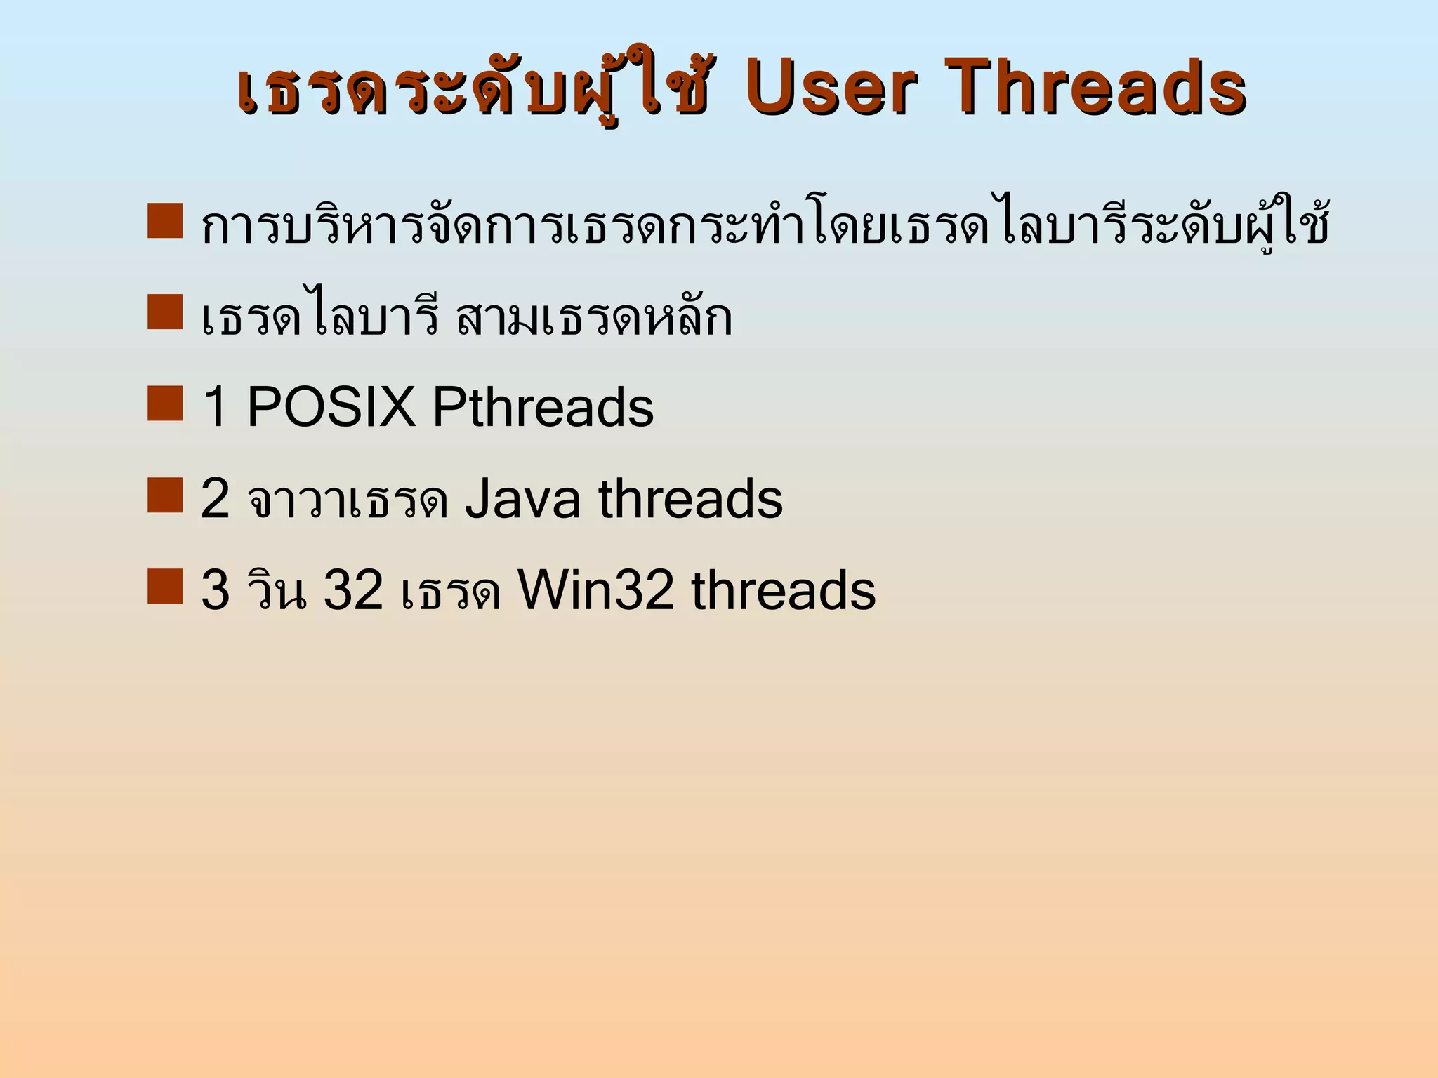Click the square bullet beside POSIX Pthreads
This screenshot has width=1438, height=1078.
coord(165,403)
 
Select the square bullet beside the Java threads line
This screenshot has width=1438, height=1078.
coord(165,495)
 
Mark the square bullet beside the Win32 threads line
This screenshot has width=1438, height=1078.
coord(165,586)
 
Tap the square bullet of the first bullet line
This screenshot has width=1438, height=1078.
coord(165,221)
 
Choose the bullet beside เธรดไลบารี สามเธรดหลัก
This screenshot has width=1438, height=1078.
coord(165,312)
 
